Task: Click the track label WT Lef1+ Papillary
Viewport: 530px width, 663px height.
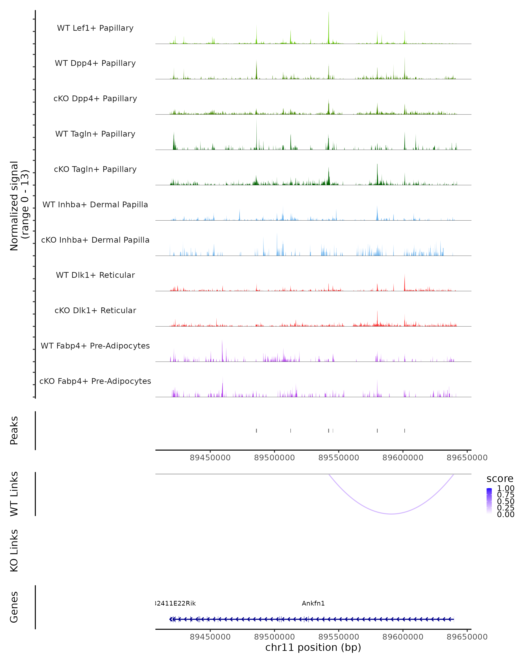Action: coord(95,28)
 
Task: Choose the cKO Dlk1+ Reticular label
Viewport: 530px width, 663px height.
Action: coord(95,310)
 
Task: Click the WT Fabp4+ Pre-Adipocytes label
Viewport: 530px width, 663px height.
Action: coord(95,346)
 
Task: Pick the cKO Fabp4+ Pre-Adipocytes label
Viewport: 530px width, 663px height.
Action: coord(95,381)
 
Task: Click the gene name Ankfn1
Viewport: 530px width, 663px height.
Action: coord(313,603)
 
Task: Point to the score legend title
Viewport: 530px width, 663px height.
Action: coord(500,479)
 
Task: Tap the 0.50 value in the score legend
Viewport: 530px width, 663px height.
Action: coord(505,501)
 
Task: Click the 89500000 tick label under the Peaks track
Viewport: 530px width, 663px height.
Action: coord(274,458)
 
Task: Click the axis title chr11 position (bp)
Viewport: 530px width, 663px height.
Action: coord(313,647)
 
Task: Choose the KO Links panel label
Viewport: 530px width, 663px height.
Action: coord(14,551)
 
